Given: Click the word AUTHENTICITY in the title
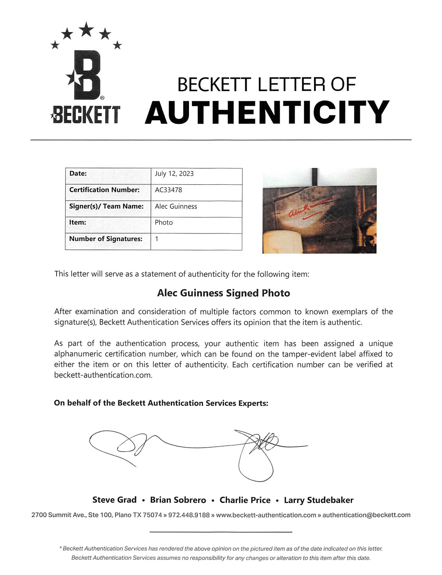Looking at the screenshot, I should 267,112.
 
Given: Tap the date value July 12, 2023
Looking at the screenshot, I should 174,174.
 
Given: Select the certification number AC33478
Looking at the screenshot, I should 169,190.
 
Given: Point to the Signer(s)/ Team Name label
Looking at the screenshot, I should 106,206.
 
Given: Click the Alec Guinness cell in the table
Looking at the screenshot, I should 176,206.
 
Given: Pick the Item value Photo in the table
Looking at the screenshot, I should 164,223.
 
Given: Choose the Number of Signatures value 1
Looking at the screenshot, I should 157,239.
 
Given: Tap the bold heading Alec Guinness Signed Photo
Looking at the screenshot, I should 224,293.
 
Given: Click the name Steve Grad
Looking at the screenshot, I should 114,500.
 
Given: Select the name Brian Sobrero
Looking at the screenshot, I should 178,500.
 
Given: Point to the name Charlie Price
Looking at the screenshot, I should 245,500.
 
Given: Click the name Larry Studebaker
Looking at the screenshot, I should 318,500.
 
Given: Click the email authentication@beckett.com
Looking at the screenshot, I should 366,515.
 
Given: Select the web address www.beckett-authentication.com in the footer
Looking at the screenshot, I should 266,515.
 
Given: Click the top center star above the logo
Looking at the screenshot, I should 86,30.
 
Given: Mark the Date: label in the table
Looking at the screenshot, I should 78,174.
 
